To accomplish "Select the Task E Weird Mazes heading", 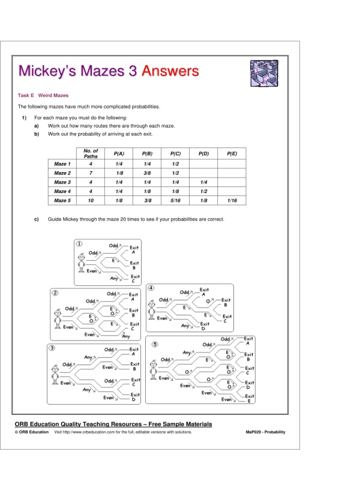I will [43, 95].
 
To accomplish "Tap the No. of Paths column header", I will [91, 153].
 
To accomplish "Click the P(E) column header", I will [233, 153].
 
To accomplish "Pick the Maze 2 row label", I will [62, 173].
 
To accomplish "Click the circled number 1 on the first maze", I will [79, 243].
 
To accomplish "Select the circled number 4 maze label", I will [151, 288].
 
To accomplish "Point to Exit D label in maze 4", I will [205, 327].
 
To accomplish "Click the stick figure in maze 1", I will [82, 262].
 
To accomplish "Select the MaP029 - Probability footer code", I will [266, 432].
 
